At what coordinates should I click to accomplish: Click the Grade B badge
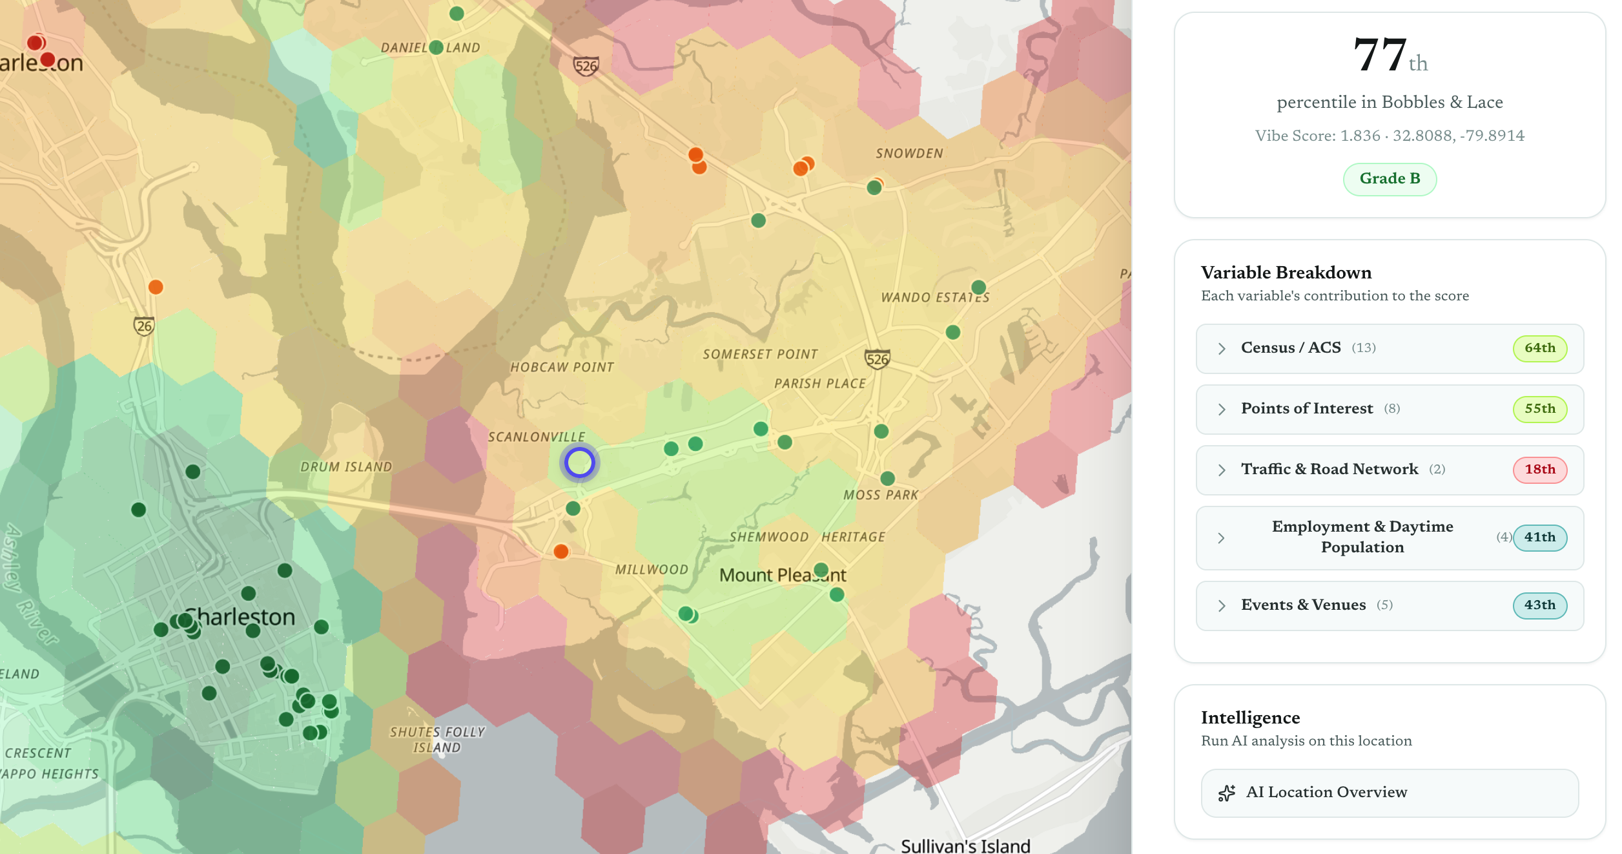click(x=1390, y=179)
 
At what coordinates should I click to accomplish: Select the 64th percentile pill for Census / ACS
click(x=1539, y=348)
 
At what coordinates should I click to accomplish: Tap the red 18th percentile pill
click(x=1539, y=470)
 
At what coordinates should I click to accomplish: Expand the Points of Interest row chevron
click(x=1221, y=409)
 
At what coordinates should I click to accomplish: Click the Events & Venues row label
click(x=1303, y=605)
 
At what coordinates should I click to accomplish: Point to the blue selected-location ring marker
click(x=579, y=463)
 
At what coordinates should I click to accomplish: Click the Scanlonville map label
click(x=536, y=437)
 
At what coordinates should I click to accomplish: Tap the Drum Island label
click(x=346, y=467)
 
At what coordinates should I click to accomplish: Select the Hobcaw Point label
click(x=562, y=368)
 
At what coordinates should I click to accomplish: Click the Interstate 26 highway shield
click(x=144, y=326)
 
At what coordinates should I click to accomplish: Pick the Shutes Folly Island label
click(x=437, y=740)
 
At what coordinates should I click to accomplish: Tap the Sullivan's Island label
click(x=965, y=846)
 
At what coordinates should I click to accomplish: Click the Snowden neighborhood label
click(x=909, y=154)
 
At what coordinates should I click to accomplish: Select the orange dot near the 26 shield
click(x=156, y=287)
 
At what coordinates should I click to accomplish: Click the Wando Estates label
click(x=934, y=298)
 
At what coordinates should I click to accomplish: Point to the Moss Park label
click(x=880, y=495)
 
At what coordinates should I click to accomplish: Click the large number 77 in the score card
click(x=1380, y=56)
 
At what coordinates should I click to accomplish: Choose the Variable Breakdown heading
click(x=1286, y=273)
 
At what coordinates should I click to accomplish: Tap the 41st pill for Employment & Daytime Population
click(x=1539, y=537)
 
